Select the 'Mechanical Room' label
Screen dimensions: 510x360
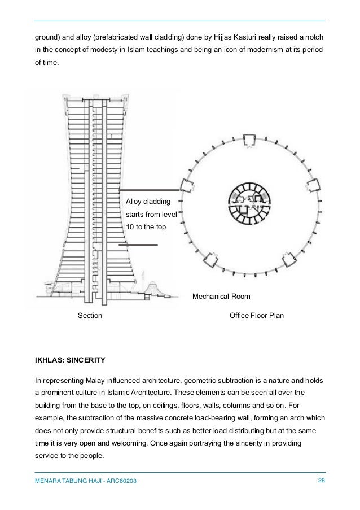[x=221, y=296]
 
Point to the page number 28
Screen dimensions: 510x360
[x=322, y=480]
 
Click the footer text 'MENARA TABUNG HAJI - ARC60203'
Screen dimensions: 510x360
[x=86, y=481]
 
